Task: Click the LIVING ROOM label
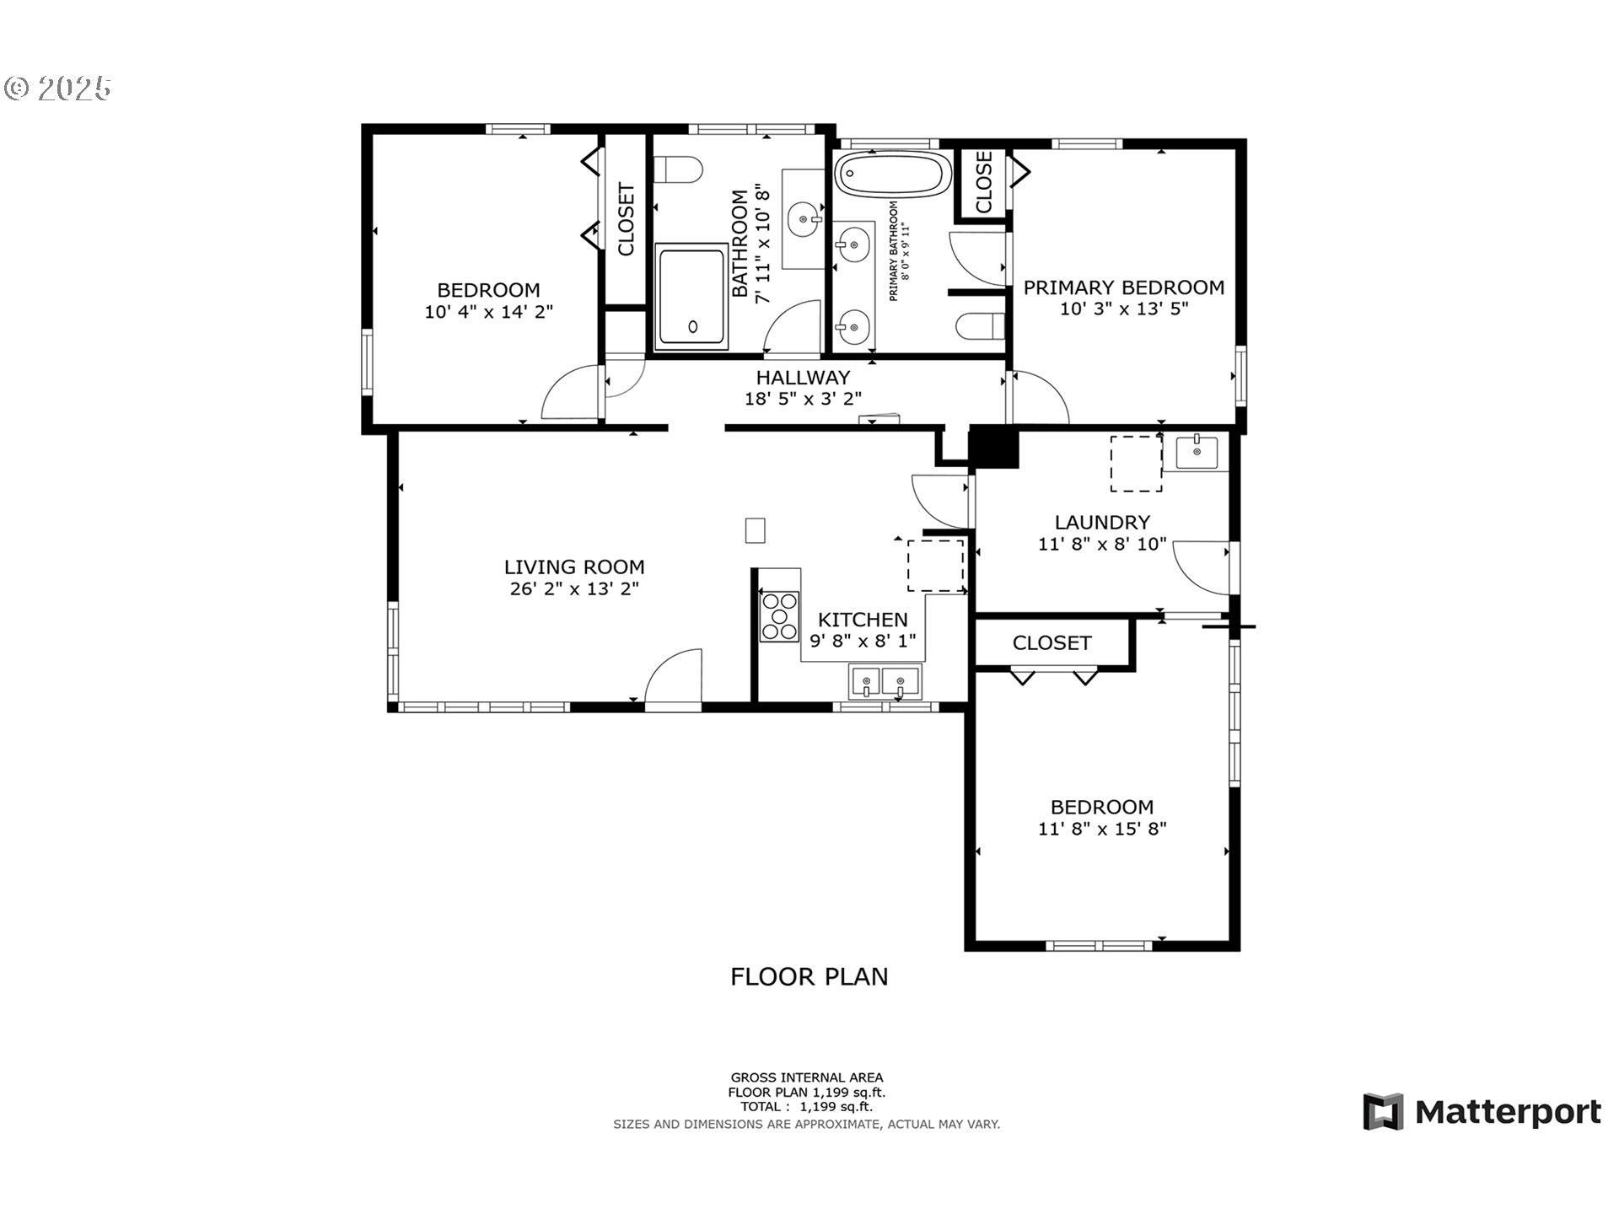tap(574, 567)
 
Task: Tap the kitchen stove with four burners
tap(779, 616)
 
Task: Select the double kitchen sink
tap(885, 681)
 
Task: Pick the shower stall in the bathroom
tap(691, 297)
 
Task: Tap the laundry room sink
tap(1197, 452)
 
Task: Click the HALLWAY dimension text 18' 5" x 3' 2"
tap(803, 399)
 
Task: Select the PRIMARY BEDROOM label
tap(1123, 287)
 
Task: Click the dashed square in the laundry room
tap(1136, 464)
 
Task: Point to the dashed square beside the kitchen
tap(935, 566)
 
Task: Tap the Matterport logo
tap(1482, 1112)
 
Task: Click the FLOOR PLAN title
tap(809, 976)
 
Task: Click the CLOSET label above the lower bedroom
tap(1052, 643)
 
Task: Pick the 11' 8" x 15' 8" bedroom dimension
tap(1101, 829)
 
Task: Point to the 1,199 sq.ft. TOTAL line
tap(806, 1107)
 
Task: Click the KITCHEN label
tap(863, 620)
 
